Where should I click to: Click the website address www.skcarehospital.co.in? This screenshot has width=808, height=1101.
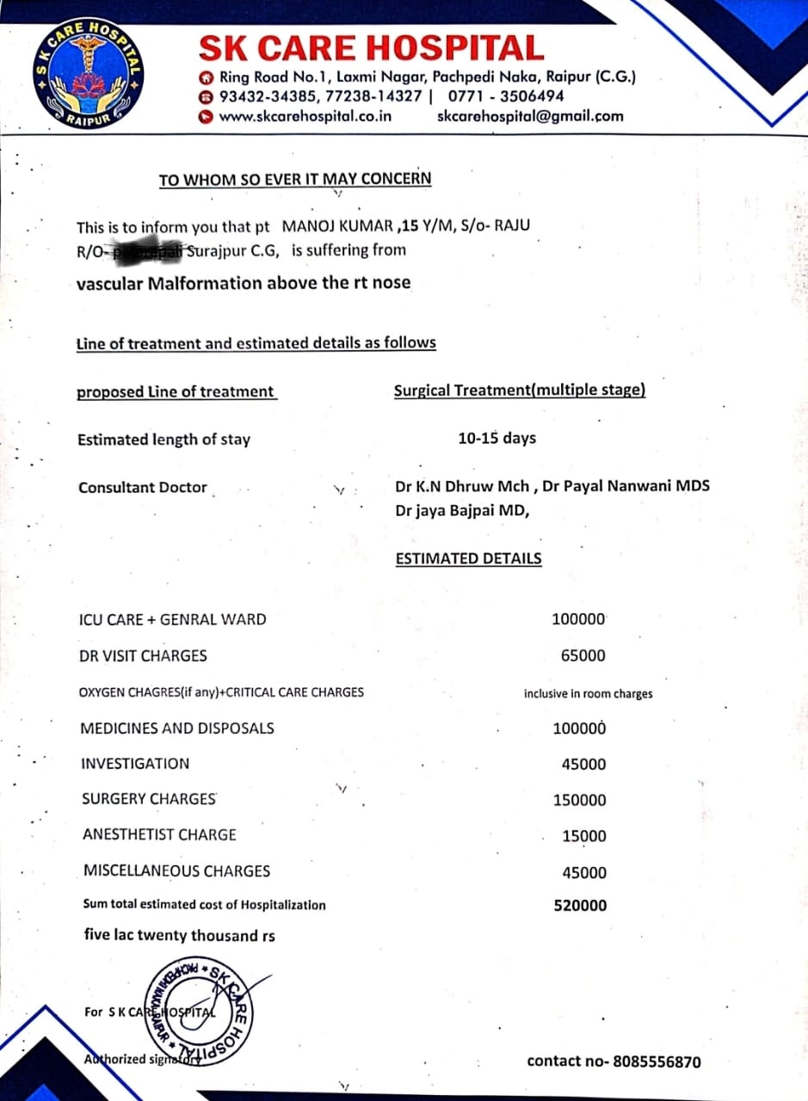tap(305, 116)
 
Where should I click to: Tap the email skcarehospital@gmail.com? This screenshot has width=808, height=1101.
tap(530, 116)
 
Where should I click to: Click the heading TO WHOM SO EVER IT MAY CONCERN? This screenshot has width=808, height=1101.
tap(295, 180)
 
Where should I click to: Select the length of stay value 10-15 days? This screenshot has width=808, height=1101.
tap(497, 438)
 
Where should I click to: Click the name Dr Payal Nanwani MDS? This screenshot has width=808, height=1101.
tap(626, 486)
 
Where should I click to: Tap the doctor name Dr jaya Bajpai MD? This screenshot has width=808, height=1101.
tap(462, 510)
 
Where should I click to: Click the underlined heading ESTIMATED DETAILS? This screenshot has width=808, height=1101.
tap(468, 558)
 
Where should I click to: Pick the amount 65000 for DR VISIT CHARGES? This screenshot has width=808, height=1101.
tap(583, 655)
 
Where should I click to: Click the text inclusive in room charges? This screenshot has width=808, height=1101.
tap(588, 693)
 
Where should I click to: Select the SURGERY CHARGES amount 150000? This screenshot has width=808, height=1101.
tap(579, 800)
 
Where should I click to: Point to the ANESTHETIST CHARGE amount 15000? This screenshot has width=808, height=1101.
tap(583, 836)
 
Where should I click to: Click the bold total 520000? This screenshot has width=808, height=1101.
tap(580, 905)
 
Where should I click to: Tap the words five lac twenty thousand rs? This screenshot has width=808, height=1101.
tap(179, 935)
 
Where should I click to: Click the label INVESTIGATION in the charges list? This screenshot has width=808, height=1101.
tap(135, 764)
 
